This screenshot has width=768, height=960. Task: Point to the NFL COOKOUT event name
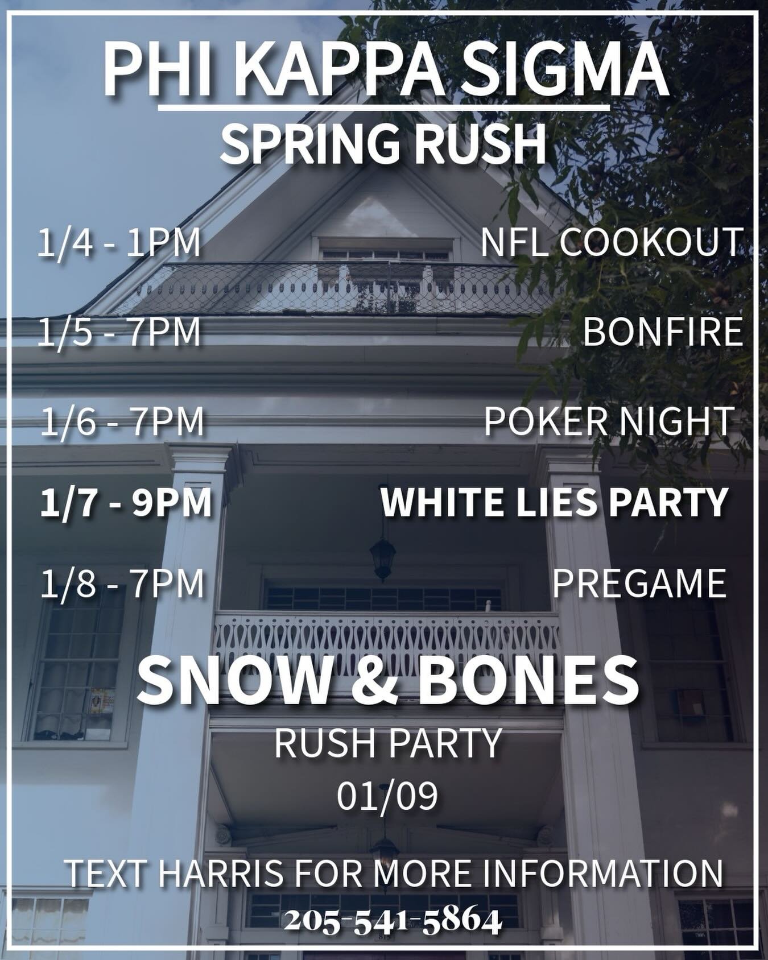point(612,242)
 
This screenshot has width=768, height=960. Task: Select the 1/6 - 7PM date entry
point(122,421)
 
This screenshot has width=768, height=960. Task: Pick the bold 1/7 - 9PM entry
point(126,502)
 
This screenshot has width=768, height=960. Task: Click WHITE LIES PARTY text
point(554,502)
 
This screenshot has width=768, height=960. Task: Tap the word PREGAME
point(639,584)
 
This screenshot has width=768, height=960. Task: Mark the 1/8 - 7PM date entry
point(122,584)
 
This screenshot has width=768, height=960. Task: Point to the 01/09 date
point(387,796)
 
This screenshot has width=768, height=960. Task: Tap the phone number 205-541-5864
point(393,921)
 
